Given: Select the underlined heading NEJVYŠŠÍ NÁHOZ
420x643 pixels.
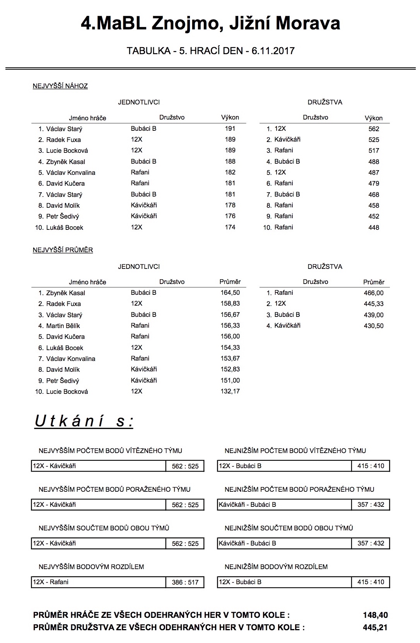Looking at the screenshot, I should [x=60, y=86].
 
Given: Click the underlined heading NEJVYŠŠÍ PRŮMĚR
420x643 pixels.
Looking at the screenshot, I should [x=63, y=250].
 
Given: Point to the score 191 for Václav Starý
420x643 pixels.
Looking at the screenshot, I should [x=230, y=128].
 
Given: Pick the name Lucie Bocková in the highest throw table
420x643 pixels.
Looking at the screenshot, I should [x=67, y=150].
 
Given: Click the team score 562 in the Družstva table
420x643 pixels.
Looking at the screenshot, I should [x=374, y=129].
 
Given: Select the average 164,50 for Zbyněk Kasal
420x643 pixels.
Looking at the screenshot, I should [x=230, y=293].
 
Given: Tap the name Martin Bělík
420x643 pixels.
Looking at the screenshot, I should [x=63, y=326].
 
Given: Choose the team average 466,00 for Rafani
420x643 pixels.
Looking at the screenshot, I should [x=374, y=293].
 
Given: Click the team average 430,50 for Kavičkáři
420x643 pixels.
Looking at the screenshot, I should [x=374, y=326].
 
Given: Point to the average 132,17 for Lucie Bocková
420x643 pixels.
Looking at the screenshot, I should [x=230, y=391].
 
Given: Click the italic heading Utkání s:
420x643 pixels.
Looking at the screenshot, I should [x=84, y=421].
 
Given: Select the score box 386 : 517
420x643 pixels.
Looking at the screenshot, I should [x=185, y=582].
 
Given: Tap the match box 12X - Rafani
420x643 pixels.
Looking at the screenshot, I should [x=99, y=582].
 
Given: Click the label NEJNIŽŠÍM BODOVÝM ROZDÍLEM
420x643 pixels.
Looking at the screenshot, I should [x=276, y=567].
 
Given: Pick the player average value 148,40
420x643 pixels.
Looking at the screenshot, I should [x=375, y=615].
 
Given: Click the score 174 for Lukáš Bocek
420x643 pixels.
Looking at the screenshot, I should [x=230, y=227].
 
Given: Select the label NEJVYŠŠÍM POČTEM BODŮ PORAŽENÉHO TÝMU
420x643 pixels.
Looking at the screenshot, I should [x=114, y=489].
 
